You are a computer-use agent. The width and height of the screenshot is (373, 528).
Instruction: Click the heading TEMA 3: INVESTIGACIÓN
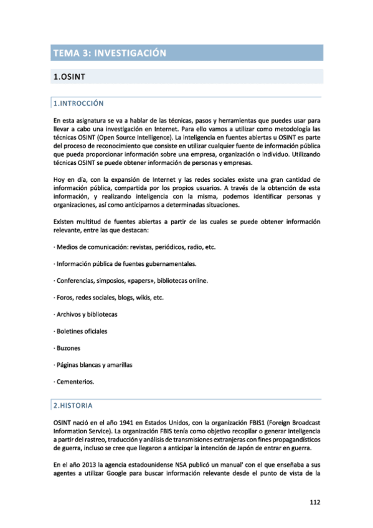(110, 53)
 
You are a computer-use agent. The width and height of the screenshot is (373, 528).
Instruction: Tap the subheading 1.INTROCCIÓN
(78, 103)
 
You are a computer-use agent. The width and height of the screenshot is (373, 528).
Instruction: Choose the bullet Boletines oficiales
(80, 331)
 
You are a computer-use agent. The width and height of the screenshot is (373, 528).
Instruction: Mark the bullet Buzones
(67, 347)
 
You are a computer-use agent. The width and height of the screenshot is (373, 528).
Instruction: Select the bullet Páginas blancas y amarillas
(93, 364)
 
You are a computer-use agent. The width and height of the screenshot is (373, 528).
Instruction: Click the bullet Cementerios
(73, 381)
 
